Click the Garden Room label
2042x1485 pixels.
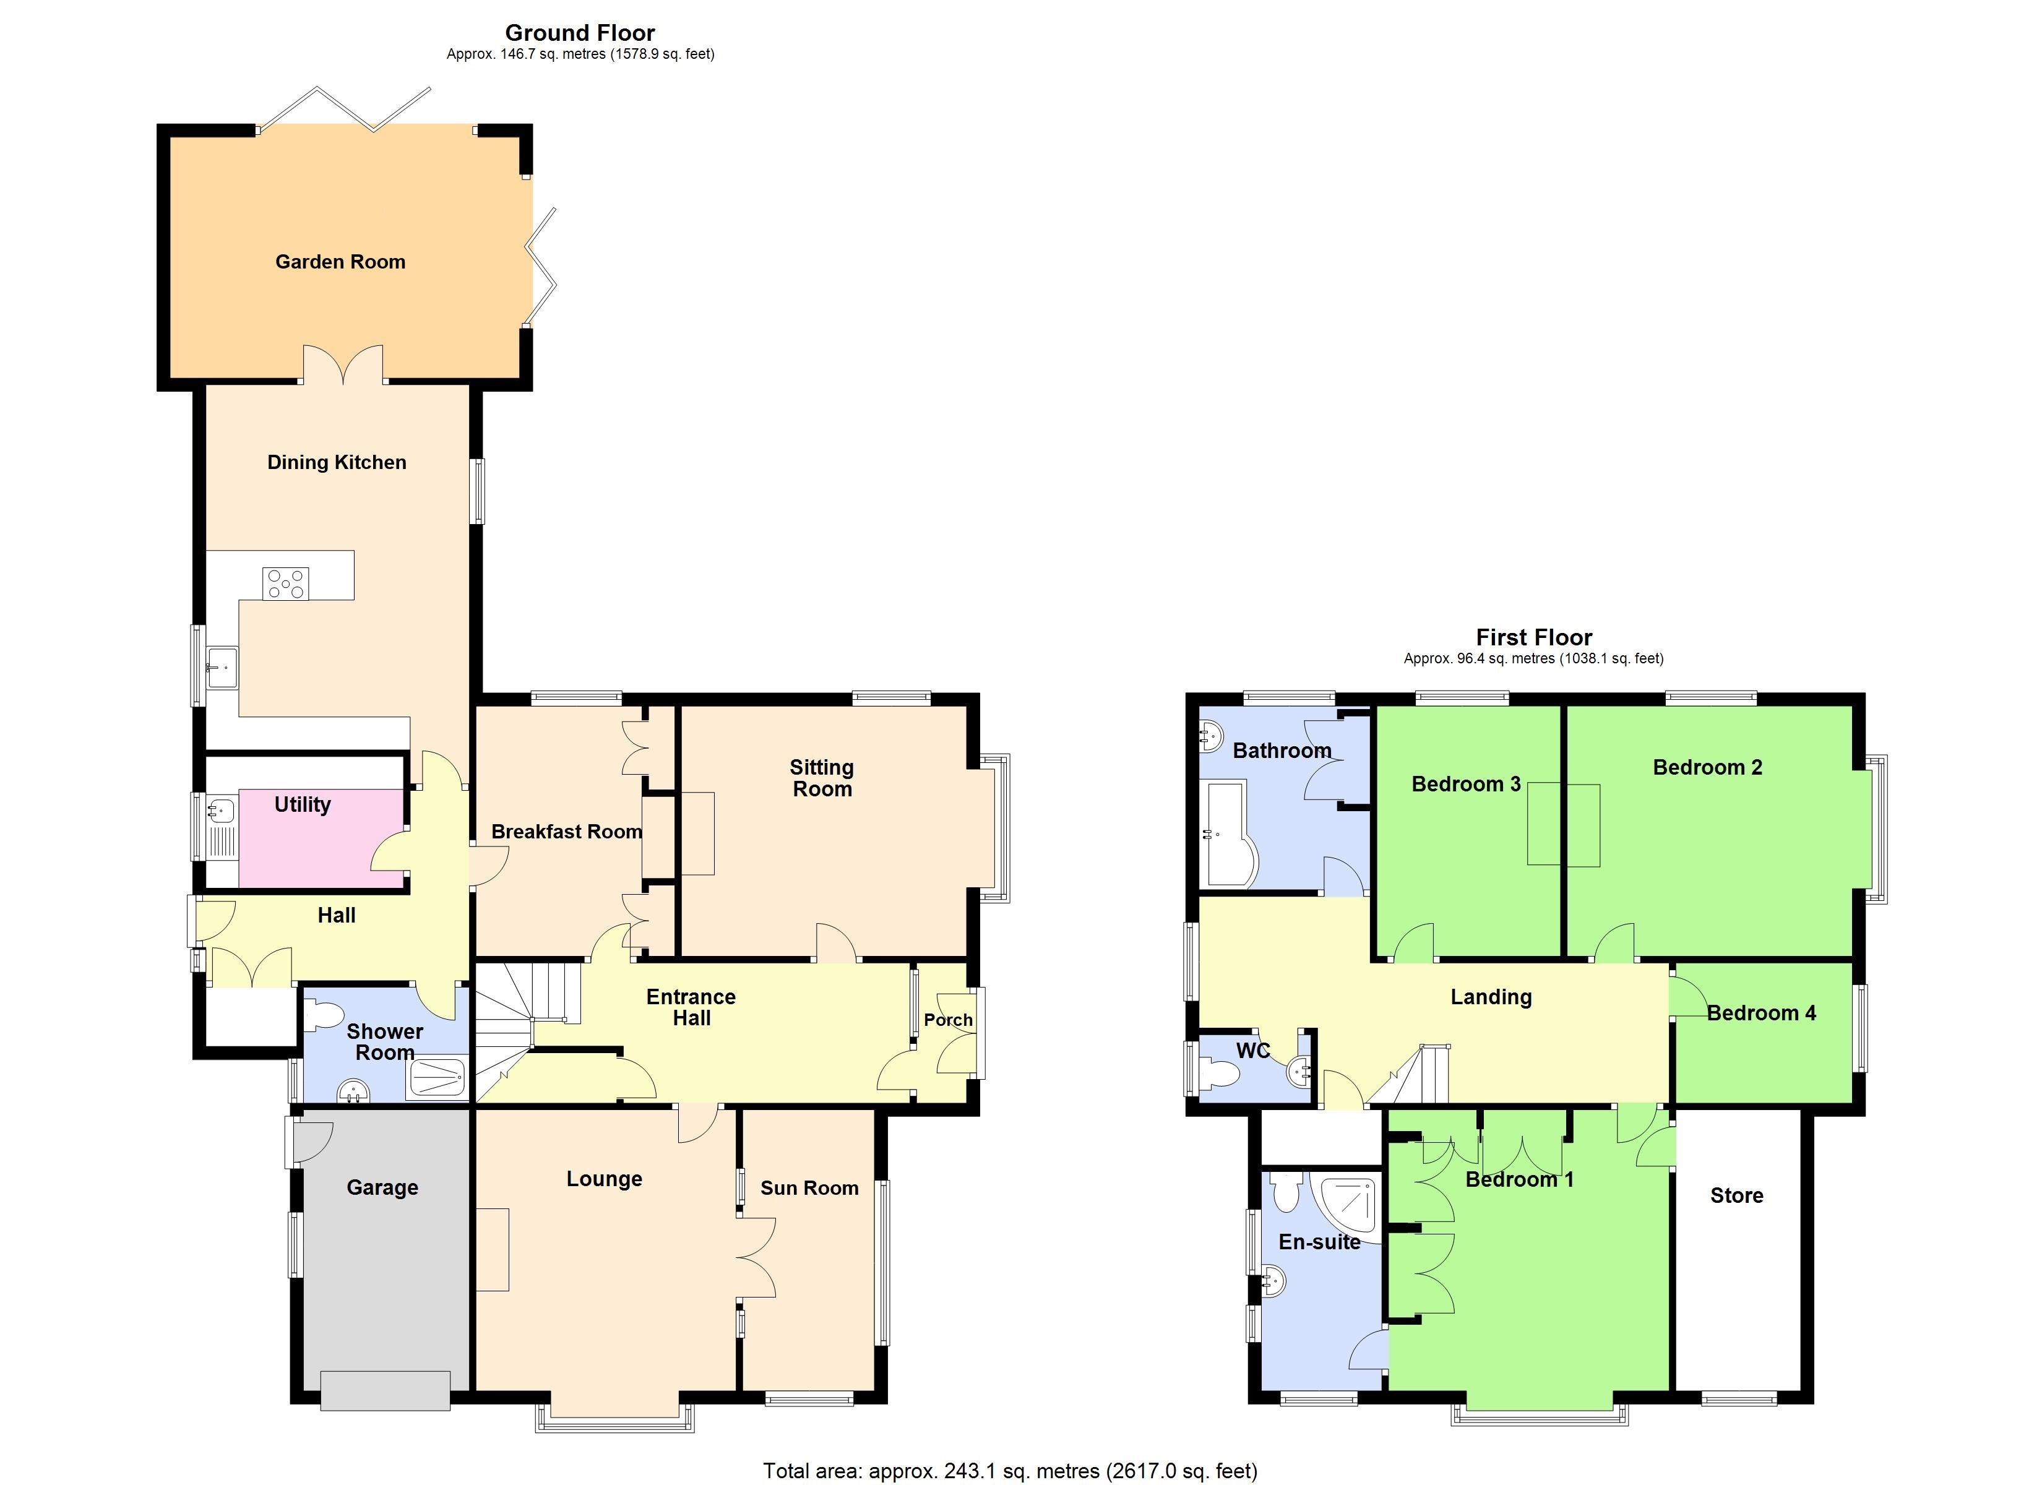point(340,262)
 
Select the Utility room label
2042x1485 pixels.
point(303,804)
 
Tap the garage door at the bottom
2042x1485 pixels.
point(386,1390)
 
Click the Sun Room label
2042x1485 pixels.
point(809,1188)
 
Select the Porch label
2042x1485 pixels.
point(948,1020)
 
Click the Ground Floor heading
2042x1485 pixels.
point(580,33)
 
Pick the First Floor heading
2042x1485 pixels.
point(1533,637)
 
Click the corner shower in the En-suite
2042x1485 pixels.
point(1348,1205)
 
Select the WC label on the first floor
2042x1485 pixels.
point(1252,1051)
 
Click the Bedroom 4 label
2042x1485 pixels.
point(1761,1013)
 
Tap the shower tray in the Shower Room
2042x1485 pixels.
point(437,1078)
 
